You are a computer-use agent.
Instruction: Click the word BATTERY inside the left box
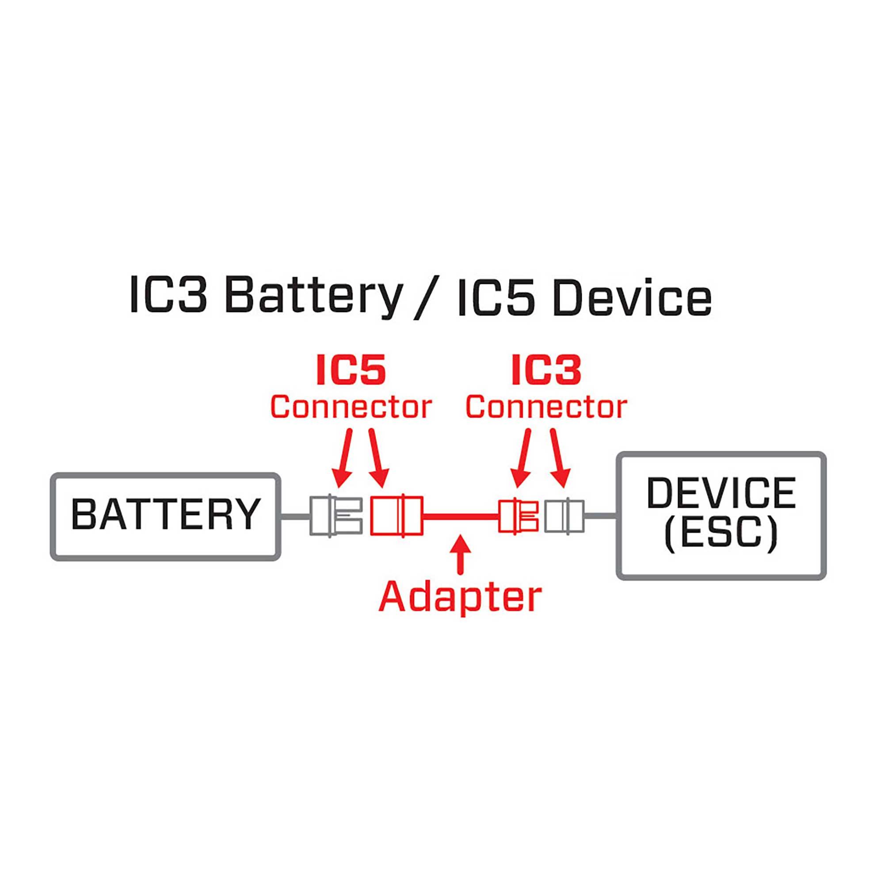click(x=166, y=514)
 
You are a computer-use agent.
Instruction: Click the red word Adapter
click(x=460, y=598)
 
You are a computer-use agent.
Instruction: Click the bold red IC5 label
click(x=351, y=370)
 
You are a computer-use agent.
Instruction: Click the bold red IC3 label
click(x=546, y=370)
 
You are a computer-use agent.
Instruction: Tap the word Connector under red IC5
click(x=351, y=407)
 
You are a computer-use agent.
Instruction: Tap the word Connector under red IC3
click(x=546, y=407)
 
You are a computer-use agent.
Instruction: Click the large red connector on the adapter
click(x=396, y=515)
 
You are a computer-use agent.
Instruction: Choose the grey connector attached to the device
click(x=564, y=516)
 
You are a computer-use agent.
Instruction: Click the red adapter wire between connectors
click(x=460, y=516)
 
